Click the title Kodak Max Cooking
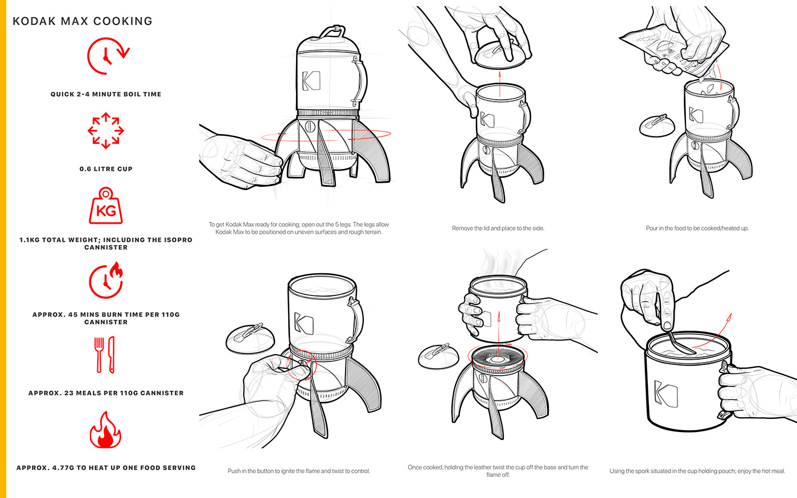coord(83,21)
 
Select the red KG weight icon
coord(106,205)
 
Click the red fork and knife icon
coord(105,355)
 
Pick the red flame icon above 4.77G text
coord(105,430)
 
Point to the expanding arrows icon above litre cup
coord(106,130)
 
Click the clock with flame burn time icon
coord(106,280)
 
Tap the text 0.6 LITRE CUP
coord(106,169)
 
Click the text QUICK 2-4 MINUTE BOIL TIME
coord(106,94)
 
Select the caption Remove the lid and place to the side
coord(498,228)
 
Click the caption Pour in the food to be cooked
coord(697,228)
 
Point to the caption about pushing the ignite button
coord(299,471)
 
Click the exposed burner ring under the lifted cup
coord(498,358)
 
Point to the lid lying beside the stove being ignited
coord(250,338)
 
